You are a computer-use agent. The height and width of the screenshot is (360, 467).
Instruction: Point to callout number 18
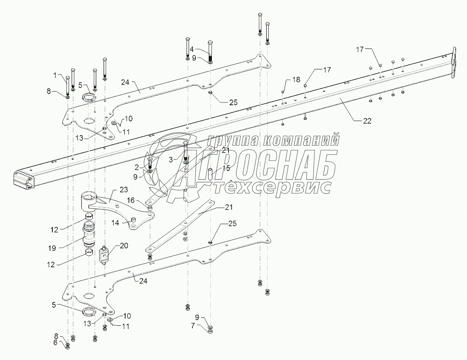click(x=297, y=80)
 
